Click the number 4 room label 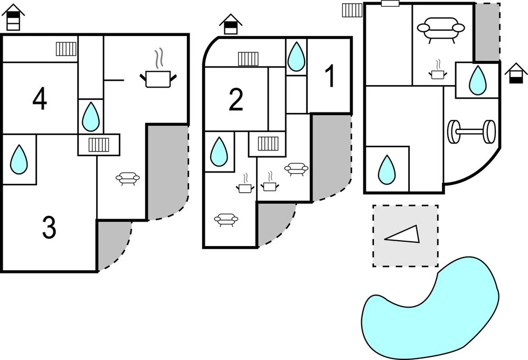tap(39, 99)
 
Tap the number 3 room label tap(49, 228)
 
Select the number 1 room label tap(330, 77)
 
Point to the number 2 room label tap(236, 100)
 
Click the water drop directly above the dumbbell tap(477, 80)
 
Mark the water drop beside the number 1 tap(296, 56)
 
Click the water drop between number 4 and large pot tap(91, 116)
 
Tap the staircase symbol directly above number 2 tap(248, 58)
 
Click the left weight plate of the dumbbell tap(454, 132)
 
